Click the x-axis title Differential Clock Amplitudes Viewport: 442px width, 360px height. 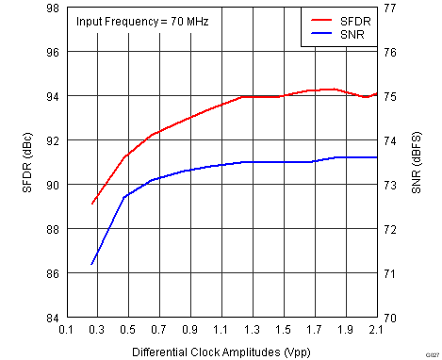(221, 351)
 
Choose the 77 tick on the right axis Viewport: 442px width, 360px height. (389, 8)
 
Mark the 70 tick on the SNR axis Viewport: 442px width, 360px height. (389, 318)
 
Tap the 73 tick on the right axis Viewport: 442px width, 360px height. (389, 185)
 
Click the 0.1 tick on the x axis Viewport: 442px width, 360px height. (66, 331)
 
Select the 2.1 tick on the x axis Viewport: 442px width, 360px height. (377, 331)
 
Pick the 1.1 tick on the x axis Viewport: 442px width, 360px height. (221, 331)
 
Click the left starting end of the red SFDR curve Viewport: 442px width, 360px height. (91, 204)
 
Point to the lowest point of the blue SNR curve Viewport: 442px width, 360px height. (91, 264)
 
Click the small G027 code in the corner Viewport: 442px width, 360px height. (430, 352)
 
